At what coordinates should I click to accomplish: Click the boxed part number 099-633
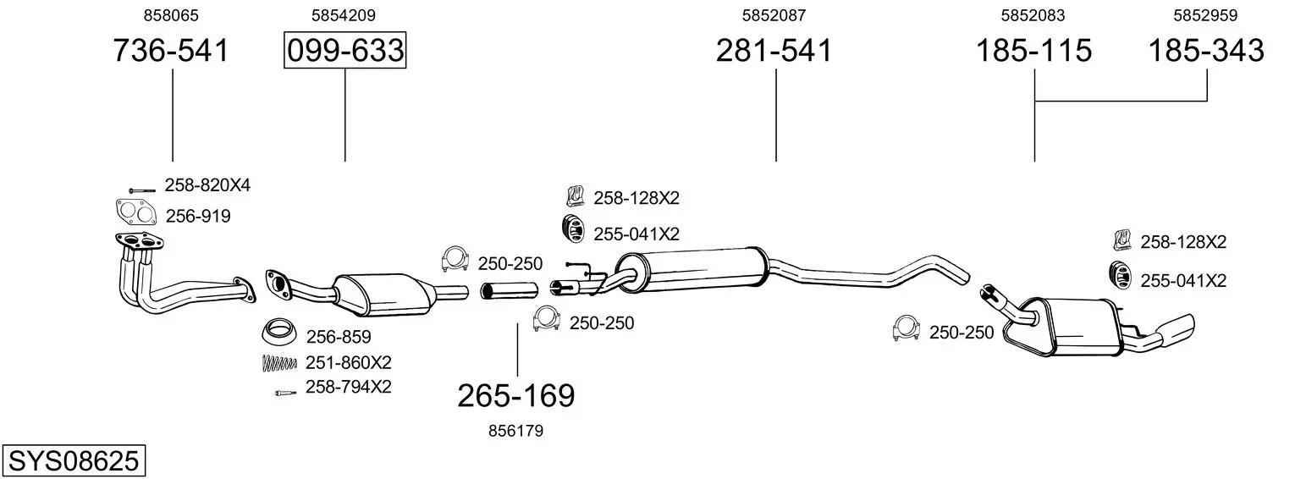click(x=345, y=50)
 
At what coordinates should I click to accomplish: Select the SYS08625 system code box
click(x=74, y=460)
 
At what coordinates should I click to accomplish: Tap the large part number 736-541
click(x=171, y=50)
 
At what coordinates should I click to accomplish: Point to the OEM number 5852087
click(x=774, y=15)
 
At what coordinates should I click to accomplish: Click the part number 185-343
click(x=1206, y=50)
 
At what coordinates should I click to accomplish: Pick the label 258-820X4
click(x=207, y=184)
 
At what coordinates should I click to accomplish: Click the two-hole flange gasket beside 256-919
click(x=136, y=212)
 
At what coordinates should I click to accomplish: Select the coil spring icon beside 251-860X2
click(x=279, y=363)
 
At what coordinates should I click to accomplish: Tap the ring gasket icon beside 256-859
click(x=280, y=332)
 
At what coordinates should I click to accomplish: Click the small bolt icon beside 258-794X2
click(x=285, y=393)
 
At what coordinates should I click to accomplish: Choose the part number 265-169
click(x=516, y=396)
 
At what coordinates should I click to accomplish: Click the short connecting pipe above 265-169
click(x=510, y=290)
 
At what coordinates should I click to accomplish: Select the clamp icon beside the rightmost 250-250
click(x=906, y=328)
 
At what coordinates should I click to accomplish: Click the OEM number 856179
click(x=515, y=431)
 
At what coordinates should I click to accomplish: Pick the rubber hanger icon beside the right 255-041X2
click(x=1121, y=276)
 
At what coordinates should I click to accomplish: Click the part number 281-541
click(x=774, y=50)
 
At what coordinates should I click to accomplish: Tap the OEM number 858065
click(x=171, y=15)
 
